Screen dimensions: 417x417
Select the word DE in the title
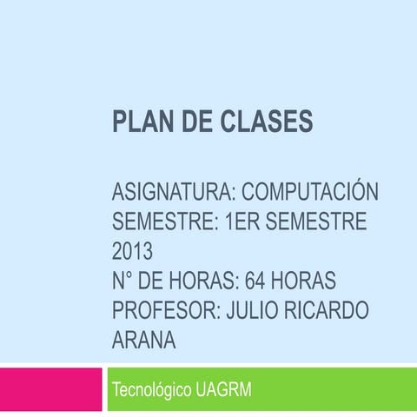(195, 122)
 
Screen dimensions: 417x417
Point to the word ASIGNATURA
(173, 191)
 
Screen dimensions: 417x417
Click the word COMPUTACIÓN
(310, 191)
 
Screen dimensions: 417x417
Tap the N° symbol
(125, 281)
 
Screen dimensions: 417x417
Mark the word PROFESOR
(165, 311)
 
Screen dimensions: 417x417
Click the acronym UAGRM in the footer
(224, 390)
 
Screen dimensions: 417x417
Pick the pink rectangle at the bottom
(51, 391)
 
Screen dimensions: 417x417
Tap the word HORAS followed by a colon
(204, 281)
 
